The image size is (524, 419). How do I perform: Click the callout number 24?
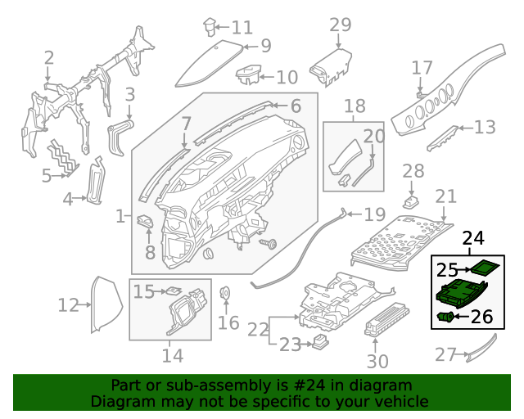click(x=472, y=239)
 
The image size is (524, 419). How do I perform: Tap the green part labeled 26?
click(x=446, y=317)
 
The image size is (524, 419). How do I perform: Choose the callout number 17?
click(x=422, y=67)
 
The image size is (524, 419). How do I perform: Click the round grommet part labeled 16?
click(x=225, y=293)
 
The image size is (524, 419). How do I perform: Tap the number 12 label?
click(x=68, y=306)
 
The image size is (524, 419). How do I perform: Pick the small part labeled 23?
click(x=320, y=343)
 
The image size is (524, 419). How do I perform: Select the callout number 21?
click(x=446, y=196)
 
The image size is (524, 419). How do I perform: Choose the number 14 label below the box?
click(x=172, y=356)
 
